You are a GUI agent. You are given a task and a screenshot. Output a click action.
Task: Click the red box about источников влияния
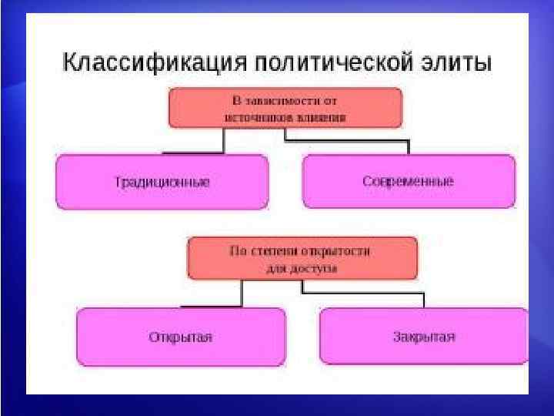285,108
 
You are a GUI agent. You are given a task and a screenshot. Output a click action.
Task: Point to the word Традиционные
162,182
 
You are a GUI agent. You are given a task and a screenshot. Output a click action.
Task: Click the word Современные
409,182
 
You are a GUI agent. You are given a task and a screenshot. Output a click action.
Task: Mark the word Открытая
181,337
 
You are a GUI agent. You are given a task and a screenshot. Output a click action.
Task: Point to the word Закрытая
424,337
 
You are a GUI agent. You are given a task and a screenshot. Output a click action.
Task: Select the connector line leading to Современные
346,141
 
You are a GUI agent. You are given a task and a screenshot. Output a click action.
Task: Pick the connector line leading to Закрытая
362,293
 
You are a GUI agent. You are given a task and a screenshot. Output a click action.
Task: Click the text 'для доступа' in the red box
302,269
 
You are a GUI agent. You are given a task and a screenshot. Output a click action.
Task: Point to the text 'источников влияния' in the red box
285,118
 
